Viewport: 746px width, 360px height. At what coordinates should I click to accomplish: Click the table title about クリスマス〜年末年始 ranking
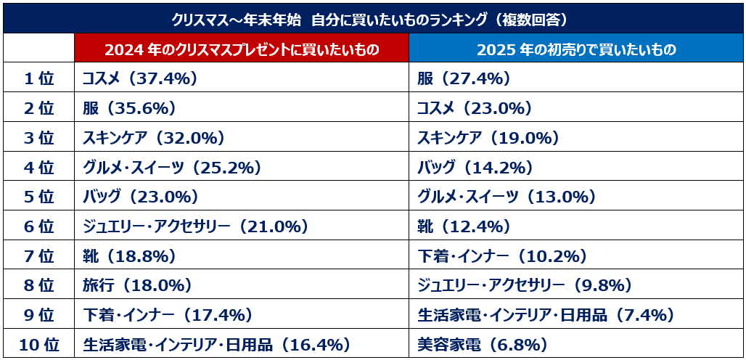pos(373,17)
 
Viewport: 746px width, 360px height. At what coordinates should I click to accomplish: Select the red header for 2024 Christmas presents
pos(241,49)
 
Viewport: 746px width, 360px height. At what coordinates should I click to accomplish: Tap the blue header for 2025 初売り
pos(576,49)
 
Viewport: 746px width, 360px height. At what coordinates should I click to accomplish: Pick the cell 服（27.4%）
pos(464,79)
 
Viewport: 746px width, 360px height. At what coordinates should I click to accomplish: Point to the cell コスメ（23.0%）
pos(475,109)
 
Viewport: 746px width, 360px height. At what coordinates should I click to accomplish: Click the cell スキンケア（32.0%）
pos(153,138)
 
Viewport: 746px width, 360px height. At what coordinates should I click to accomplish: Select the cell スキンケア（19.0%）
pos(488,138)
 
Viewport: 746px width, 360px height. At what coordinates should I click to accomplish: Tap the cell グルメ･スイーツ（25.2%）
pos(171,168)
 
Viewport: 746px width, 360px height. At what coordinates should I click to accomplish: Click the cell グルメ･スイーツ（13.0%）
pos(506,197)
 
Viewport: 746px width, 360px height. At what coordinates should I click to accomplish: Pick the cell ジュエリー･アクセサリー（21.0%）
pos(195,226)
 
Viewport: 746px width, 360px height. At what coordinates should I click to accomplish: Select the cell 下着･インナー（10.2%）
pos(501,255)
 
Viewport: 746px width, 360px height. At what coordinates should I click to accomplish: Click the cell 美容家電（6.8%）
pos(482,344)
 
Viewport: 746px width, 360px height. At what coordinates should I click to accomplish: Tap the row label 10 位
pos(38,344)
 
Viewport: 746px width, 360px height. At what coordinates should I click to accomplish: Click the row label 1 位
pos(38,79)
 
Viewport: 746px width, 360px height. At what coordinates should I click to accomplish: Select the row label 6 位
pos(38,226)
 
